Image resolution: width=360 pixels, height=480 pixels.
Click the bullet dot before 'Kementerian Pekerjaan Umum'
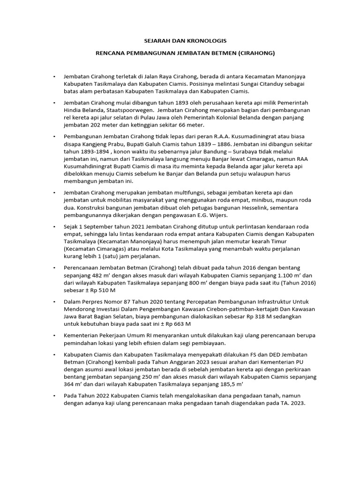pos(55,336)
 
